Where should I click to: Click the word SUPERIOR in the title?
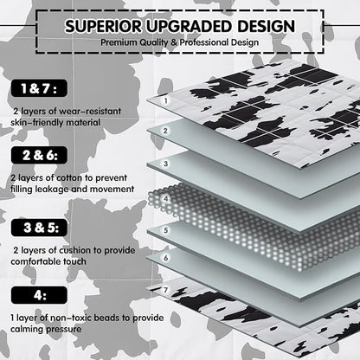pos(103,26)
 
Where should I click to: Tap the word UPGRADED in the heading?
pos(190,26)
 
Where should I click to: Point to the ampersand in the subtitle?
pos(174,42)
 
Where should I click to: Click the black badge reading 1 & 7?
pos(39,88)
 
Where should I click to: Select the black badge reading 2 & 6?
pos(39,155)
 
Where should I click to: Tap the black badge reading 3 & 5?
pos(39,228)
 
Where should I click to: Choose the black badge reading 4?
pos(39,295)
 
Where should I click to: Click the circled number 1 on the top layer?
pos(166,101)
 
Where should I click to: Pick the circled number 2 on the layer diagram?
pos(165,131)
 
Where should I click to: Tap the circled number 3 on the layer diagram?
pos(165,164)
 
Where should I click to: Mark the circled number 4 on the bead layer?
pos(165,199)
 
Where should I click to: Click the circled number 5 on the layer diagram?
pos(165,230)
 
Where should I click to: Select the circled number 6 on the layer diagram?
pos(165,258)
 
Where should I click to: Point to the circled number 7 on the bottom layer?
pos(165,290)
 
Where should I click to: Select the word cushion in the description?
pos(74,250)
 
